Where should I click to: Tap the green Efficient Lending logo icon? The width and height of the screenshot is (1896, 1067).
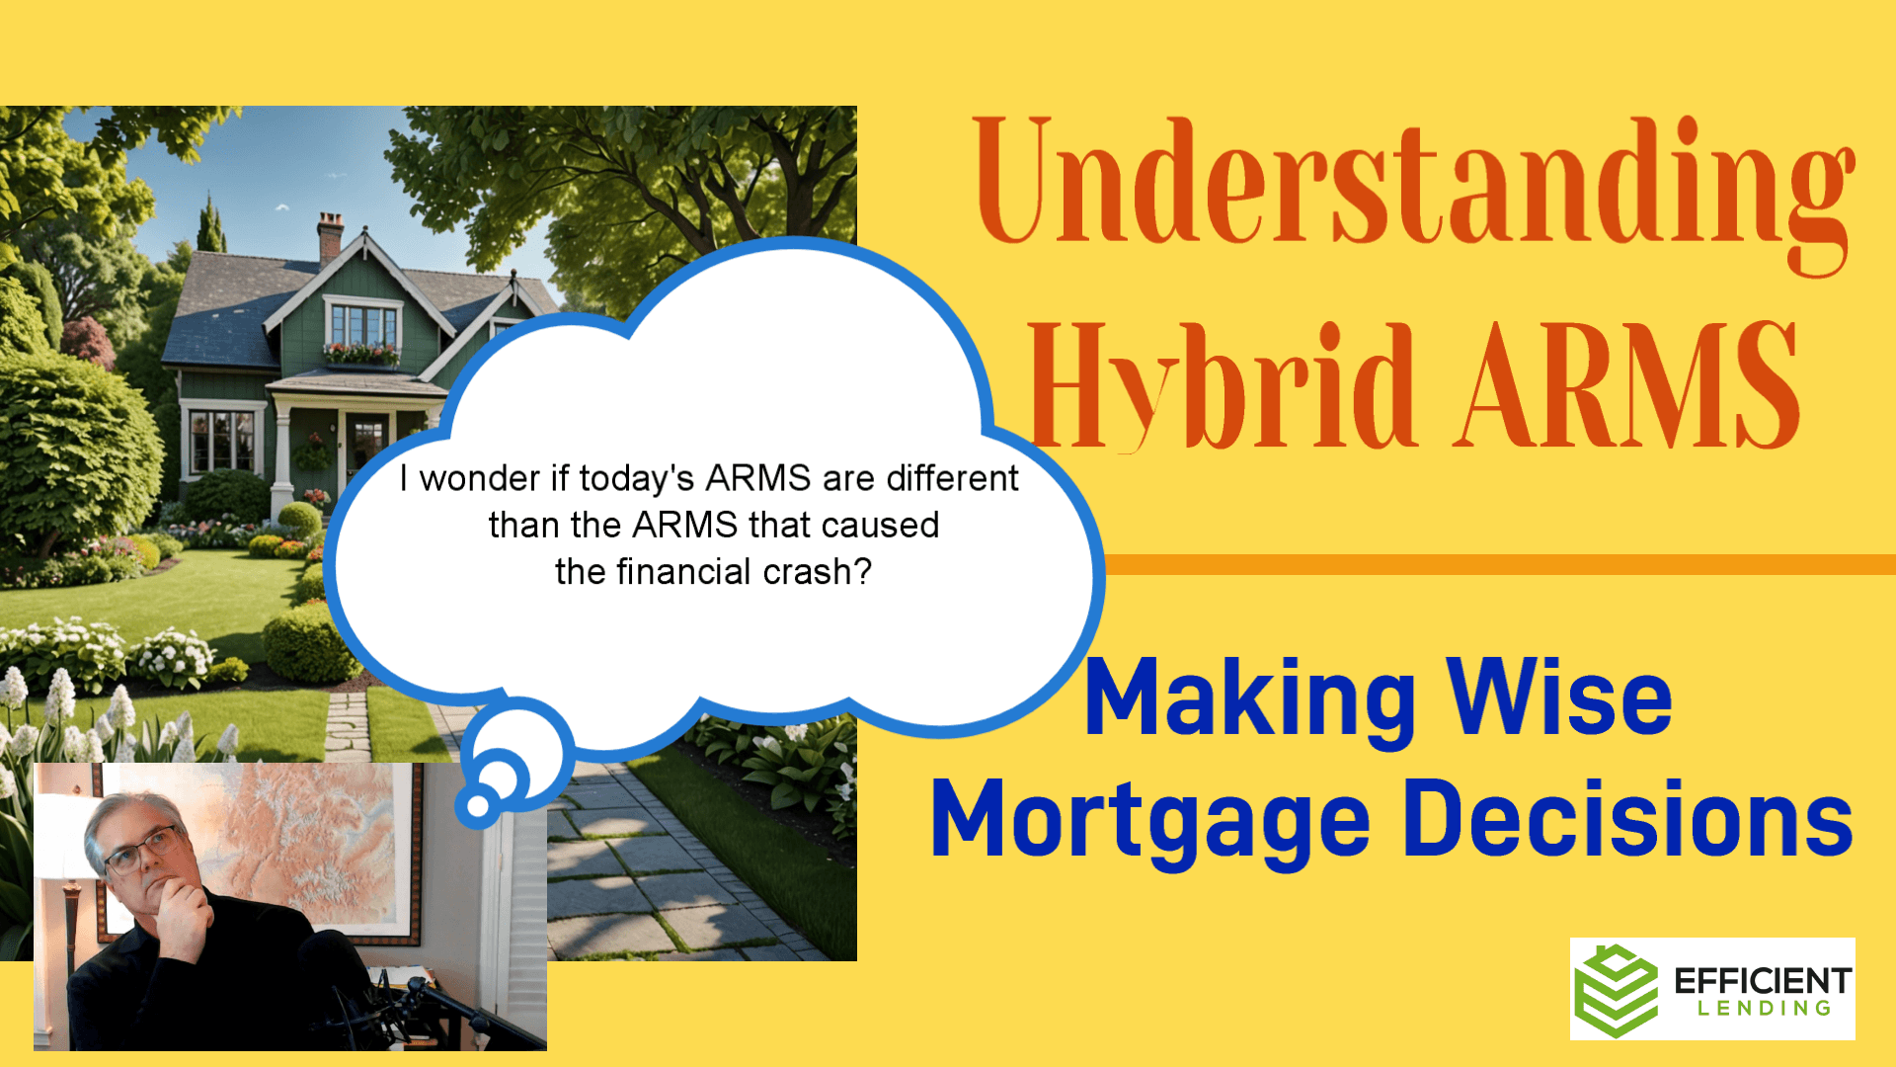click(1616, 991)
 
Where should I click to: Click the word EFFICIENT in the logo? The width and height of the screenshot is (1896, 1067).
click(1763, 981)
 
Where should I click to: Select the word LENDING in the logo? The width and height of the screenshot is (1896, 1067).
click(1765, 1009)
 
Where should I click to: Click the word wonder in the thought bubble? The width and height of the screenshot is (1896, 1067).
click(481, 479)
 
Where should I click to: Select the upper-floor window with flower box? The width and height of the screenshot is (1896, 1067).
click(362, 333)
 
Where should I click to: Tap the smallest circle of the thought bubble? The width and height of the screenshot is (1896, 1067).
click(478, 806)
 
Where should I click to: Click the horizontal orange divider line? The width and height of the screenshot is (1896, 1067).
click(1500, 564)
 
